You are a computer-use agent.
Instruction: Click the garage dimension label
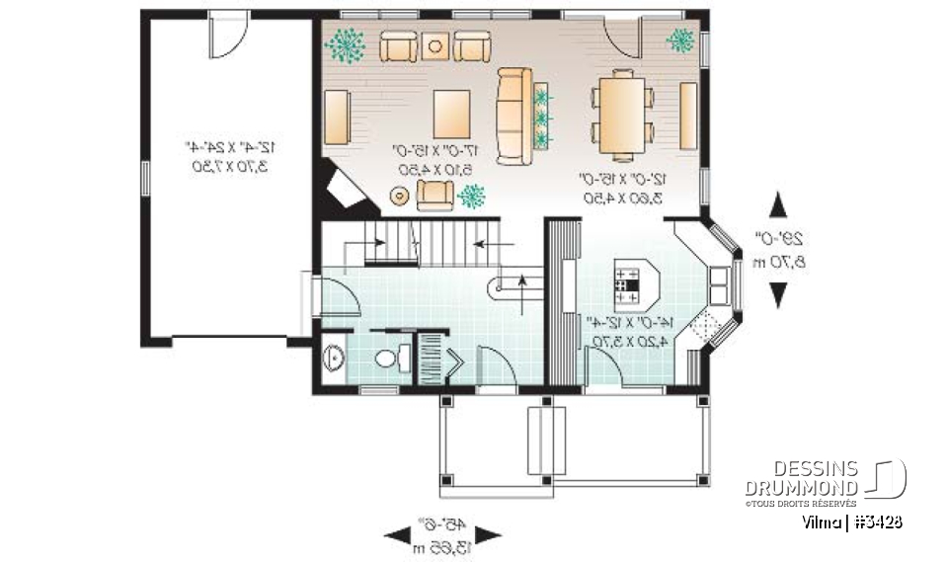click(226, 156)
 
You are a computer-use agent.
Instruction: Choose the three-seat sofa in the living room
click(513, 117)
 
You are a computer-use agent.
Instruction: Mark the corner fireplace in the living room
click(346, 190)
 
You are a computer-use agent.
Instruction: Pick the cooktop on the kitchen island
click(625, 284)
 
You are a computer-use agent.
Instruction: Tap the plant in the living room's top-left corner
click(345, 43)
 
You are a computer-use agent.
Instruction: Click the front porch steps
click(544, 440)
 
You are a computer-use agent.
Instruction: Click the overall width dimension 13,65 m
click(427, 546)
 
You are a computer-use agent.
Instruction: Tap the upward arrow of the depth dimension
click(778, 206)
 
